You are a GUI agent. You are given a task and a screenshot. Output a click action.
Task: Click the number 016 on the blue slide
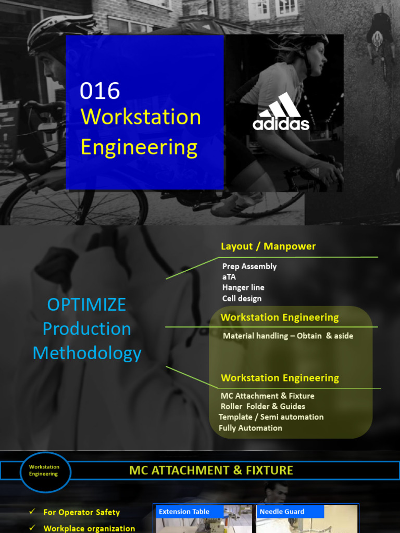click(x=100, y=92)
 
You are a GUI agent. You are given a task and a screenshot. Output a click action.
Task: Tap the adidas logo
click(x=281, y=112)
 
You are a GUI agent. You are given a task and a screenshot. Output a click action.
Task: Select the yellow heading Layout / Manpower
click(x=268, y=246)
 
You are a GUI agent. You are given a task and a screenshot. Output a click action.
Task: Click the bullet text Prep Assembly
click(x=249, y=266)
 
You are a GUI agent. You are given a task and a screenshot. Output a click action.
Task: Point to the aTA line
click(x=229, y=277)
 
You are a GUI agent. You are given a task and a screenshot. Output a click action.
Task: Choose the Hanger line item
click(x=243, y=287)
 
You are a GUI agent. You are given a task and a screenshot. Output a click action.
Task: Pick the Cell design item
click(x=242, y=298)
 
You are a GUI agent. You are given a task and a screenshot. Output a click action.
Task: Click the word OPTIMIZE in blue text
click(x=86, y=304)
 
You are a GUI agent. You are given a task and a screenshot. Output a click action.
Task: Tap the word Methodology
click(x=87, y=353)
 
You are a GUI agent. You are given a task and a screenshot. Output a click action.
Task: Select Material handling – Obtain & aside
click(x=288, y=336)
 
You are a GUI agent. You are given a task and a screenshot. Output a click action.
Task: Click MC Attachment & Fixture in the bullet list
click(x=267, y=396)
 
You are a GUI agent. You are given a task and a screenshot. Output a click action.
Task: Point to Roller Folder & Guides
click(x=262, y=407)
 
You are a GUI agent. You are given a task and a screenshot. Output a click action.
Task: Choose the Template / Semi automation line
click(x=271, y=417)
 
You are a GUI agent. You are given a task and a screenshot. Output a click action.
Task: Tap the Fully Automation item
click(x=251, y=428)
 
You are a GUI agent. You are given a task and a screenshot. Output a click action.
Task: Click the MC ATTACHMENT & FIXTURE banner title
click(x=211, y=471)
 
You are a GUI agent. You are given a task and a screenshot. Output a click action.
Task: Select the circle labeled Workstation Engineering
click(x=44, y=471)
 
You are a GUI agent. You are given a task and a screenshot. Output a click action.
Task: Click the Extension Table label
click(x=184, y=512)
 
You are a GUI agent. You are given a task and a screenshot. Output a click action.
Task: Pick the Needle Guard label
click(x=282, y=512)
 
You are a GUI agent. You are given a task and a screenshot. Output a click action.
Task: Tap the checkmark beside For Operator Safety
click(x=32, y=512)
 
